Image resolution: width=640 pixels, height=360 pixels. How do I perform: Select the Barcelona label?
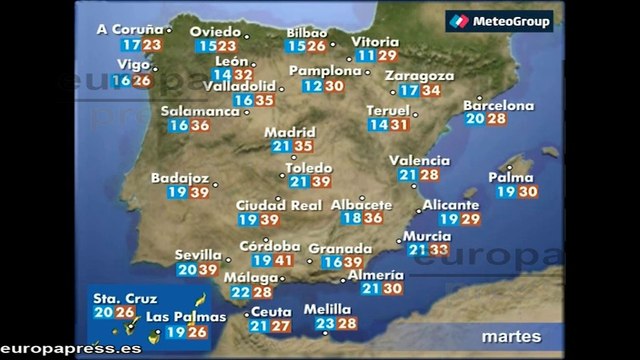click(498, 105)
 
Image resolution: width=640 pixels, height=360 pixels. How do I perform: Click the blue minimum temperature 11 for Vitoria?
click(366, 57)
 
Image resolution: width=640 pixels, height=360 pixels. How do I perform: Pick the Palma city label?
click(505, 178)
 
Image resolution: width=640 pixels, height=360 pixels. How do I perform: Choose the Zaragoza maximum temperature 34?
click(432, 91)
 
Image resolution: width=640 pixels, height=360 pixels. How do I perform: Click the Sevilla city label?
click(196, 255)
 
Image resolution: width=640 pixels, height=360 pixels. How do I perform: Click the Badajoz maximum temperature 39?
click(199, 193)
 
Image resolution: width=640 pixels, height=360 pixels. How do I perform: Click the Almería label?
click(377, 274)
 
